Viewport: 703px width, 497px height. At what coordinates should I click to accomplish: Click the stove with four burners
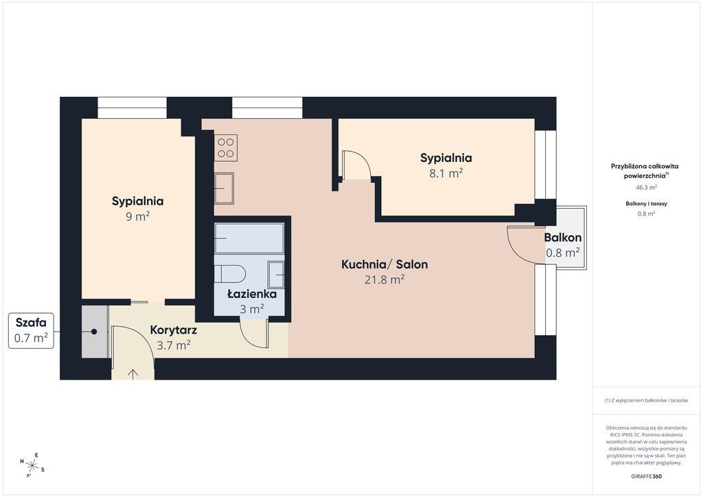tap(226, 148)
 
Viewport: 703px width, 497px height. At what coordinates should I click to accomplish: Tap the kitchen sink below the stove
tap(224, 188)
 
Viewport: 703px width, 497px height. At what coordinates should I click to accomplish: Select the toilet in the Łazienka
tap(230, 273)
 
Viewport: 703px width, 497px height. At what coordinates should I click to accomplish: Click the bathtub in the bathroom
tap(249, 238)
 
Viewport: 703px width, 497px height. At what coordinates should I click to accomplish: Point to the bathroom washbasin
tap(276, 275)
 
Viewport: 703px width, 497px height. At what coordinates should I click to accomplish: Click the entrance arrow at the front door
tap(132, 373)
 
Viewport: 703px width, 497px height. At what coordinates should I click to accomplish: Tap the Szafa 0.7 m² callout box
tap(31, 331)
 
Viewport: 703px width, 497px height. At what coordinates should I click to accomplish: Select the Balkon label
tap(563, 238)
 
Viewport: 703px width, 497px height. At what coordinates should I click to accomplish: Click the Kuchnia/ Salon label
tap(384, 264)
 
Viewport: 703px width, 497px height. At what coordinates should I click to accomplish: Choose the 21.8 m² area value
tap(384, 279)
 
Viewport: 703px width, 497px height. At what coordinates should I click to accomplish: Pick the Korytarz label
tap(174, 330)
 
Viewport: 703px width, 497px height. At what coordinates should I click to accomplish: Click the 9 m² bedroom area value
tap(137, 216)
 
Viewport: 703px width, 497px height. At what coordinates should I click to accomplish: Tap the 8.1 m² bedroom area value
tap(446, 173)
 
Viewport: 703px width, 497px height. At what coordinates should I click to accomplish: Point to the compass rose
tap(32, 465)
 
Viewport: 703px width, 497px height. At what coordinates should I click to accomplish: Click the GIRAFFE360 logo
tap(646, 476)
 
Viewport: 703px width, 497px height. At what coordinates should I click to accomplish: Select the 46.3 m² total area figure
tap(646, 187)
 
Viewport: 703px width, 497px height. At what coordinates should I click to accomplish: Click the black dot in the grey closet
tap(94, 332)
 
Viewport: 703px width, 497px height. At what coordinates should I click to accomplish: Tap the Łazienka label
tap(252, 294)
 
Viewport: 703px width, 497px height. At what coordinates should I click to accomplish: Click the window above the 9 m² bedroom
tap(132, 108)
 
